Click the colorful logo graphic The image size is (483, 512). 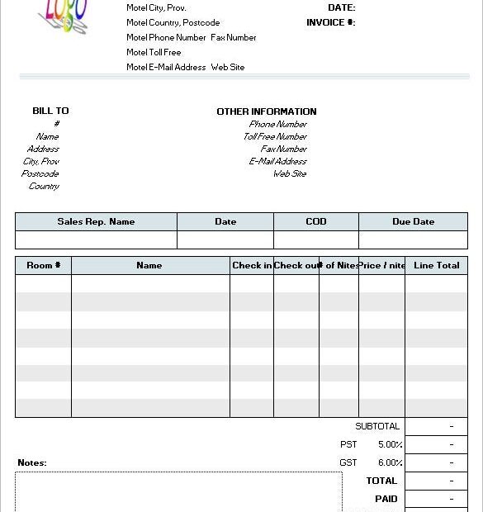[x=65, y=16]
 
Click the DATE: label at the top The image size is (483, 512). [x=341, y=7]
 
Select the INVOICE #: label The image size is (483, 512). [x=330, y=22]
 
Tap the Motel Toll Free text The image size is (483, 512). [x=154, y=52]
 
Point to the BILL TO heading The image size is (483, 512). [x=50, y=111]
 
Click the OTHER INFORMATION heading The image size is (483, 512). [x=266, y=111]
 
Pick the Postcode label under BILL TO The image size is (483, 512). [x=40, y=173]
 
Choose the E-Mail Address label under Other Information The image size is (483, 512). [x=277, y=161]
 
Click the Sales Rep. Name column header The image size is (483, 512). [x=96, y=221]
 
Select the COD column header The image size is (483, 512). [x=315, y=221]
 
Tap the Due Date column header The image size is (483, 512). [x=413, y=221]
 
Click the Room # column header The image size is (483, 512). [x=44, y=265]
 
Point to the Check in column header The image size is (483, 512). [x=252, y=265]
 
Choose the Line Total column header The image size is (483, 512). [x=436, y=265]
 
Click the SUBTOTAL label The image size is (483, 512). [x=377, y=426]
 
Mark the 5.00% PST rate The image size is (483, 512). [x=391, y=444]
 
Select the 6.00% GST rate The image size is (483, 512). [x=391, y=462]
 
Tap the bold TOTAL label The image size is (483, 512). [x=381, y=481]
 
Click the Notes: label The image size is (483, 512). [x=32, y=462]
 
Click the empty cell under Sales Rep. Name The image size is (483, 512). [x=96, y=239]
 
